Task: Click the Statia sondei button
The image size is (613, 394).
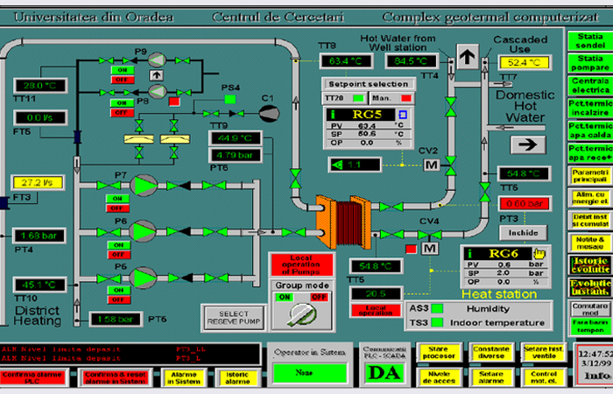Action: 588,40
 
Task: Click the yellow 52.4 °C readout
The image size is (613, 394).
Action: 524,63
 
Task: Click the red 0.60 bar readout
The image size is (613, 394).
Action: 525,203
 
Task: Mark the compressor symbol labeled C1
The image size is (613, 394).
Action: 269,111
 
